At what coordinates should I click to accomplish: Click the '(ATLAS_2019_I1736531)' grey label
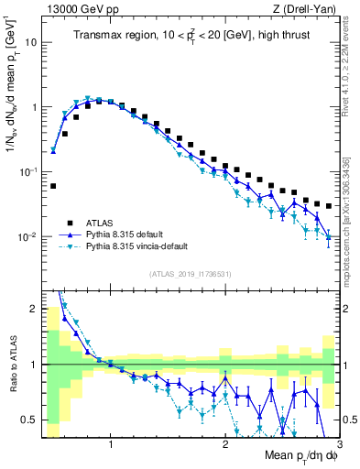point(191,274)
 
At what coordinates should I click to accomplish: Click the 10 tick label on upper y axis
point(30,42)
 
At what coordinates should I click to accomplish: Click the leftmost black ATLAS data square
point(53,186)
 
